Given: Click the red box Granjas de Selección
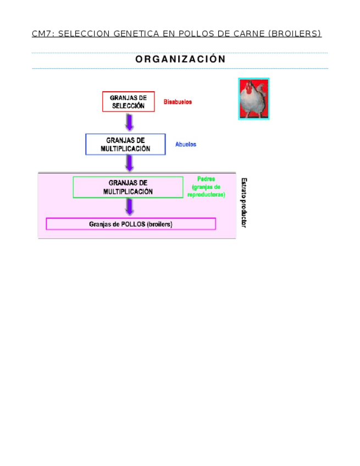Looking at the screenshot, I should click(128, 102).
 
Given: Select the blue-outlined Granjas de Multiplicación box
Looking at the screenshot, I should click(125, 145).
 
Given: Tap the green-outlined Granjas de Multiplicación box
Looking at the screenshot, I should click(128, 187).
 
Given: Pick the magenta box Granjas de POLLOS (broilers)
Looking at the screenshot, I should click(131, 224).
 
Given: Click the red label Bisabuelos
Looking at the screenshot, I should click(178, 102).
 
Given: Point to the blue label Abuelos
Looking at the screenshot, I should click(186, 145).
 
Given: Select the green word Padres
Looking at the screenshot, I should click(206, 179).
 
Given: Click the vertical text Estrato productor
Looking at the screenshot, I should click(244, 202).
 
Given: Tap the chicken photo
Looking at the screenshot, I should click(253, 99).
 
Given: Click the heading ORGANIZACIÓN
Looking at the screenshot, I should click(180, 59).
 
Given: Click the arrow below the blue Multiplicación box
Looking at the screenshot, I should click(129, 163).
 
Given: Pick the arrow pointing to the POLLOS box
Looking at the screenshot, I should click(129, 207).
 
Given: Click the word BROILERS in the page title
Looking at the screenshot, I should click(294, 34).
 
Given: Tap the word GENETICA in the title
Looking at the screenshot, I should click(135, 34).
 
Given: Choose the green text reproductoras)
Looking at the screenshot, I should click(206, 195).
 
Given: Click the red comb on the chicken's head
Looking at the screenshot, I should click(250, 86).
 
